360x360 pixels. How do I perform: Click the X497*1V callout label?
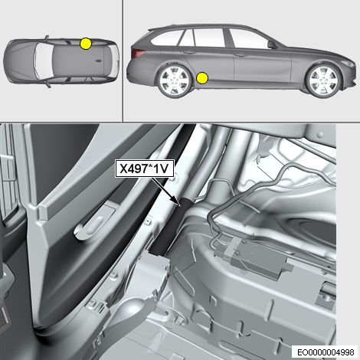coord(145,169)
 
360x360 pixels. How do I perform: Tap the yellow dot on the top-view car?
coord(86,44)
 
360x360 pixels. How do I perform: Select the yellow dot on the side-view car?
coord(202,78)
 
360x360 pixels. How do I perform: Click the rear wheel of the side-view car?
coord(175,80)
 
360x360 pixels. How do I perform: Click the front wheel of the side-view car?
coord(324,80)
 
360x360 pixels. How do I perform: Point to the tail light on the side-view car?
coord(138,53)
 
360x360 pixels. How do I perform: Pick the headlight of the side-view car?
coord(348,64)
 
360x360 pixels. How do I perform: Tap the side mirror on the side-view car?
coord(272,44)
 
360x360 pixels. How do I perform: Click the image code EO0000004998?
coord(326,352)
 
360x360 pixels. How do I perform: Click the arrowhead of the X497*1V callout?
coord(178,202)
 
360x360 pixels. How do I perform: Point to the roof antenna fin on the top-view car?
coord(98,61)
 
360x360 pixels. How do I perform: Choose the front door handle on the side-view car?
coord(241,54)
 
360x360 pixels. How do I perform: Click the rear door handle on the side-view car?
coord(189,52)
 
